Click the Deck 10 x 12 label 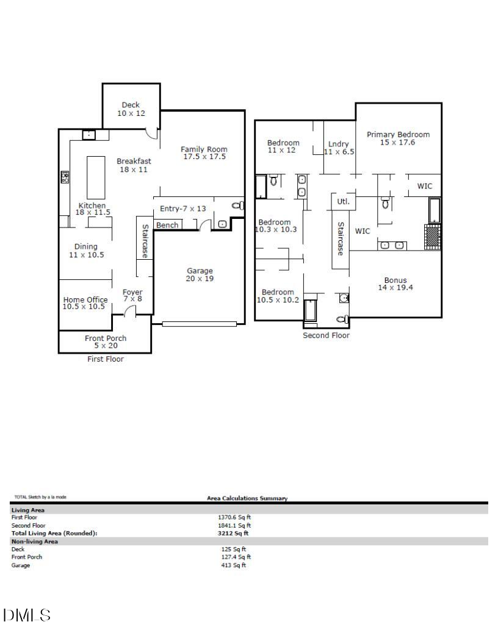(x=130, y=109)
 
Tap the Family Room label (x=204, y=153)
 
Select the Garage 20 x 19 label (x=200, y=274)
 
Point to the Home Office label (x=85, y=303)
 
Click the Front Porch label (x=105, y=342)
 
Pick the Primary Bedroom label (x=398, y=138)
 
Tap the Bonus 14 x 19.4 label (x=395, y=284)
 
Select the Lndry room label (x=339, y=148)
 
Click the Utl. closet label (x=342, y=201)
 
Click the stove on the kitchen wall (x=65, y=177)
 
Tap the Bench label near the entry (x=167, y=225)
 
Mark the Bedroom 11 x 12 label (x=283, y=146)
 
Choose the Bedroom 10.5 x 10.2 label (x=278, y=296)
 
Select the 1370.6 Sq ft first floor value (x=235, y=517)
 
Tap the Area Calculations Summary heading (x=247, y=498)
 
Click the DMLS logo (x=27, y=615)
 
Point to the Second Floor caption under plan (x=326, y=335)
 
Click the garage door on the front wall (x=199, y=324)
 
